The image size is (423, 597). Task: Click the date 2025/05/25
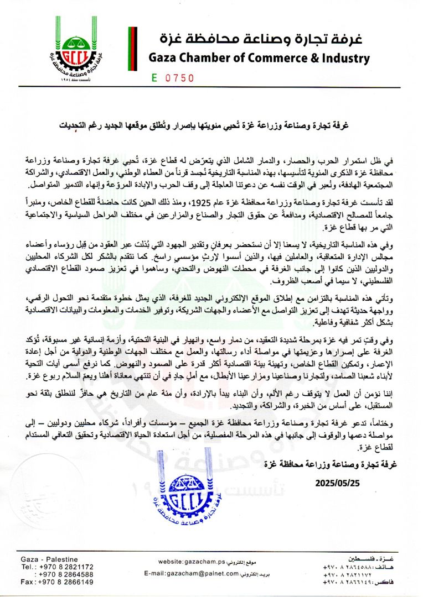click(338, 482)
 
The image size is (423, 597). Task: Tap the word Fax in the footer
click(27, 582)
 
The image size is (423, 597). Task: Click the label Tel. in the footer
click(27, 566)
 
